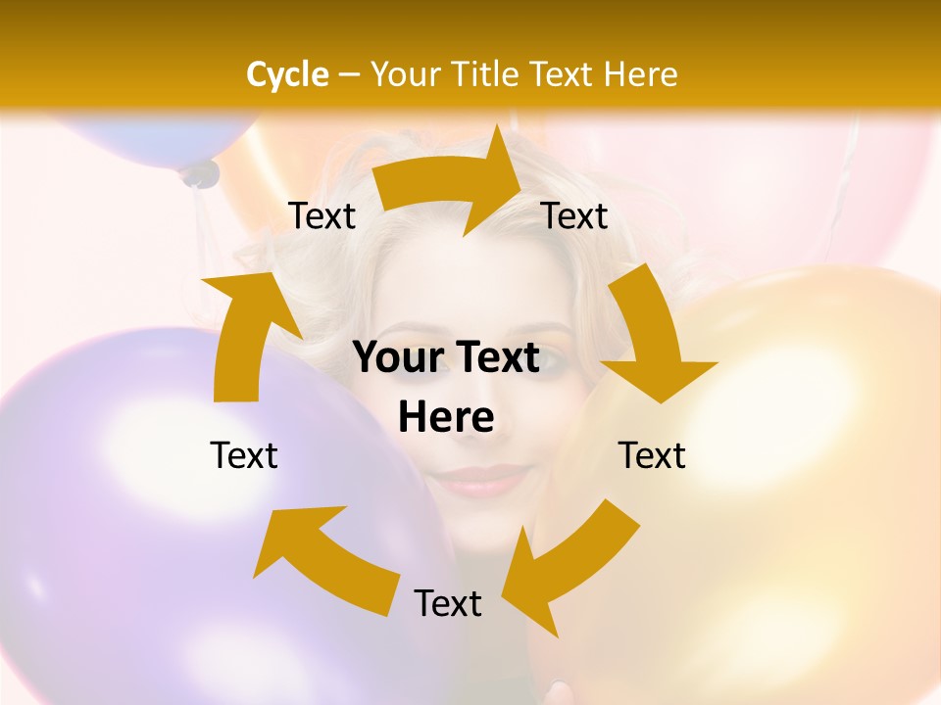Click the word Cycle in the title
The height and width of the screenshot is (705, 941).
click(287, 74)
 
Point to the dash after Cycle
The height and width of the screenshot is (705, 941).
click(348, 75)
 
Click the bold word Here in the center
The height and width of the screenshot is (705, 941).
click(446, 418)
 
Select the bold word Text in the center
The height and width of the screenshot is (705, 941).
click(497, 358)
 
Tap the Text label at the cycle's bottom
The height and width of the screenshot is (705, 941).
click(448, 603)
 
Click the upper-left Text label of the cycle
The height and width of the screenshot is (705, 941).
click(322, 216)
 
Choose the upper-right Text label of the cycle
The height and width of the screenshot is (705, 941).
click(574, 216)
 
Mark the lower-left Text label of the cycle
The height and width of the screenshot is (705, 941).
click(244, 455)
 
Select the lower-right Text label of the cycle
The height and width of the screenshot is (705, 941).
click(652, 455)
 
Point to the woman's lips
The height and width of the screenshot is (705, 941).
click(480, 480)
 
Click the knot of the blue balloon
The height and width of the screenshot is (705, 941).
click(200, 174)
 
